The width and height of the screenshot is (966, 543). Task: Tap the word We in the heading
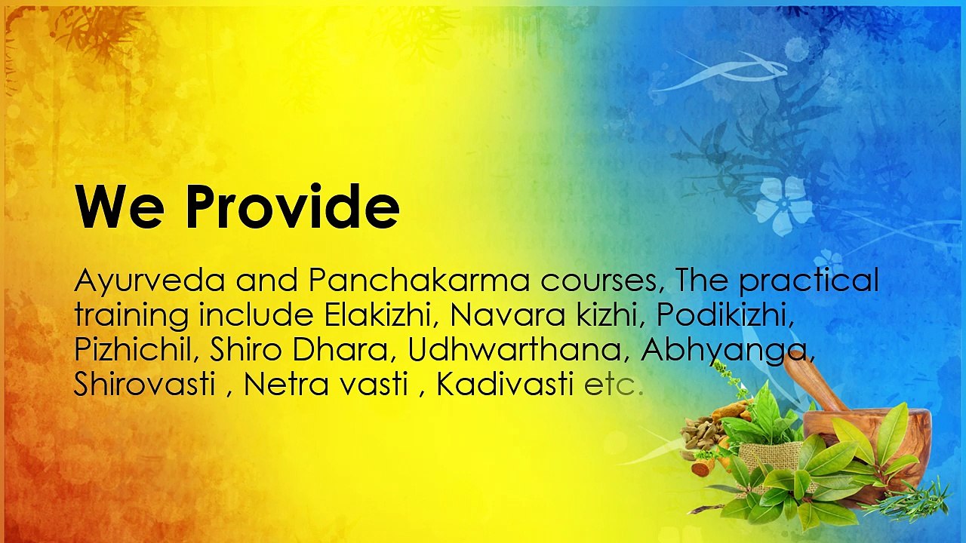tap(119, 207)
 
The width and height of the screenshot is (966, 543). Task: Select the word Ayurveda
tap(149, 281)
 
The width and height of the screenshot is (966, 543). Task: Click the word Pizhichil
tap(137, 351)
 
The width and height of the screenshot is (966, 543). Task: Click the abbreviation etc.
tap(614, 385)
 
